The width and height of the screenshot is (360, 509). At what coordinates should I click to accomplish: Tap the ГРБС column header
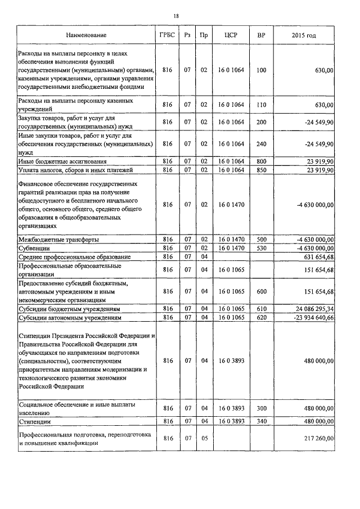click(x=167, y=35)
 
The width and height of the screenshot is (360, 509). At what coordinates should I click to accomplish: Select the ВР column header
click(x=261, y=35)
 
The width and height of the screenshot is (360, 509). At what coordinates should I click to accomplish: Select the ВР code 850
click(x=261, y=170)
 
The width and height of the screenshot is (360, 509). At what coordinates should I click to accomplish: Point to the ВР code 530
click(x=261, y=248)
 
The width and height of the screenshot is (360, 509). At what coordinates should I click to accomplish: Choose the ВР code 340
click(x=261, y=421)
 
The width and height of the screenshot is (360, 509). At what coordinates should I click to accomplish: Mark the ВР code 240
click(x=261, y=143)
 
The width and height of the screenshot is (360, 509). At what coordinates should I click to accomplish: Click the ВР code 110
click(x=261, y=105)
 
